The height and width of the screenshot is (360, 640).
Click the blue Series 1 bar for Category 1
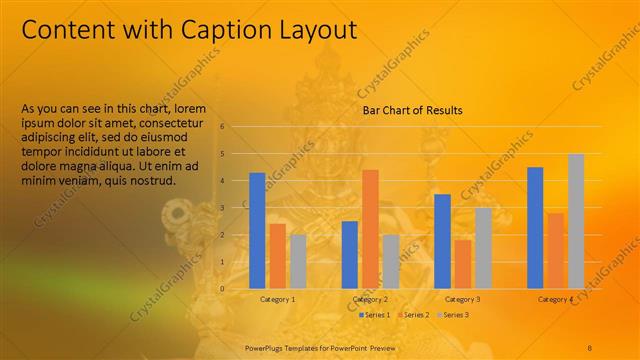pyautogui.click(x=257, y=230)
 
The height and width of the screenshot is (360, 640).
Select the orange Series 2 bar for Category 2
pyautogui.click(x=370, y=229)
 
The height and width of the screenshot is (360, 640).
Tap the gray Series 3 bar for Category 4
pyautogui.click(x=576, y=221)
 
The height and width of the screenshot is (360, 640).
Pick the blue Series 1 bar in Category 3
pyautogui.click(x=442, y=241)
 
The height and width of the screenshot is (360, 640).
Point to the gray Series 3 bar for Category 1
pyautogui.click(x=298, y=261)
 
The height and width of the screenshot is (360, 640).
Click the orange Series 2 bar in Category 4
pyautogui.click(x=555, y=250)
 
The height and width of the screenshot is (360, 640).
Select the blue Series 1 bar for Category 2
pyautogui.click(x=350, y=254)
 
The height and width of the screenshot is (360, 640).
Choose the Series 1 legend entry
pyautogui.click(x=375, y=315)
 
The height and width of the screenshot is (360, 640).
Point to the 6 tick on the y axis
pyautogui.click(x=236, y=127)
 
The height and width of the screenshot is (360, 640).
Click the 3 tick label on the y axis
pyautogui.click(x=236, y=208)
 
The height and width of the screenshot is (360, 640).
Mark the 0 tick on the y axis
pyautogui.click(x=236, y=289)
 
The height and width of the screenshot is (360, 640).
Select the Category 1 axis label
pyautogui.click(x=277, y=300)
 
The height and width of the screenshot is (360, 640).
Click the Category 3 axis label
pyautogui.click(x=462, y=300)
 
